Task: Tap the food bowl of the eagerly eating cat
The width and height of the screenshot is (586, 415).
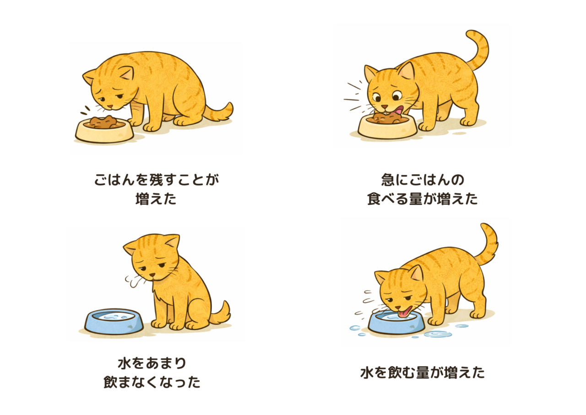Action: [x=387, y=127]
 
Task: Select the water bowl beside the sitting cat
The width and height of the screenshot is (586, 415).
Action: [x=114, y=321]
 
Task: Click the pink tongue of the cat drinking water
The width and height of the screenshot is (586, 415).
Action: [x=403, y=312]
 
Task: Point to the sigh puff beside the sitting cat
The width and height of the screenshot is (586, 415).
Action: [x=134, y=281]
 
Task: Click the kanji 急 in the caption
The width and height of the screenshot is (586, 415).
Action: [x=388, y=180]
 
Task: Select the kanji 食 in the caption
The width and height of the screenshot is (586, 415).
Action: [x=374, y=199]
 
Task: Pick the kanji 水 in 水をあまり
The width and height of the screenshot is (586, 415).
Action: [x=125, y=363]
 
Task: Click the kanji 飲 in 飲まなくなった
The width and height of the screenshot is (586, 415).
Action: [x=110, y=382]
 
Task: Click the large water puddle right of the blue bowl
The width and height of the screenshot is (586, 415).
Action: [x=438, y=334]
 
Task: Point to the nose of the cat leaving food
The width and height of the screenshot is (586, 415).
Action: [x=111, y=106]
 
